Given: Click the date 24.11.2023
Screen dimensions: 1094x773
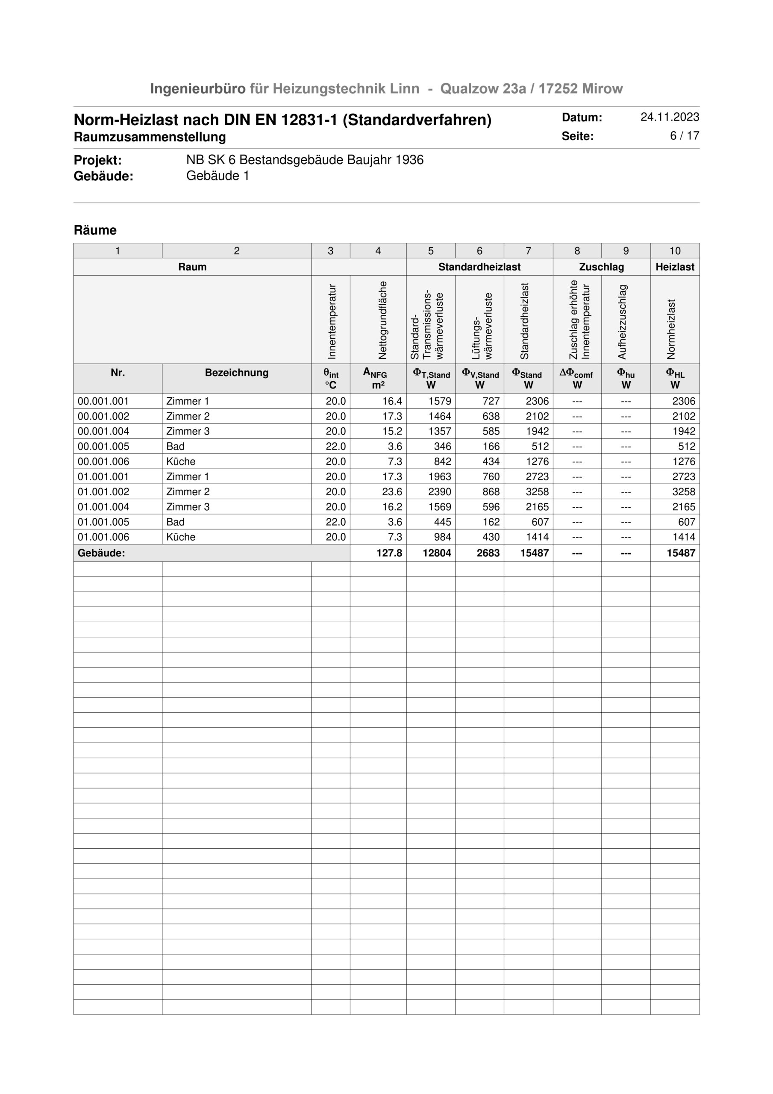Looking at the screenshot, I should (x=669, y=117).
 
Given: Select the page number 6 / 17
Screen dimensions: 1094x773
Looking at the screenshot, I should (x=685, y=136).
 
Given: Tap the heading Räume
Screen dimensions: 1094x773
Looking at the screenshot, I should (x=95, y=230).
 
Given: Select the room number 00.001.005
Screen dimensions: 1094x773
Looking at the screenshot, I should (x=103, y=447).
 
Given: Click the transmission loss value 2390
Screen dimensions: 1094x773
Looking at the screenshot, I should (x=439, y=492).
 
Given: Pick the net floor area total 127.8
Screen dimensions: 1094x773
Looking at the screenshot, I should (x=389, y=553).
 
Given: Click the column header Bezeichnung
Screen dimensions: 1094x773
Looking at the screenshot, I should (x=236, y=373).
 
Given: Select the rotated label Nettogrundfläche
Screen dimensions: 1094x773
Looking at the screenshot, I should (x=382, y=320).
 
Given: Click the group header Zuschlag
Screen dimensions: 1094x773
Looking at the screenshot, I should (x=601, y=267).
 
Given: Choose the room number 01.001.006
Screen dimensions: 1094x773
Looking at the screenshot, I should (x=103, y=537).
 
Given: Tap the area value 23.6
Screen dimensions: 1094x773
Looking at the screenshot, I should (x=392, y=492).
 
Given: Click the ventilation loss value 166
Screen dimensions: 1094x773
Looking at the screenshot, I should (x=491, y=447).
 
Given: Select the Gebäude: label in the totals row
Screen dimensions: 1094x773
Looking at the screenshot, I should (x=101, y=553).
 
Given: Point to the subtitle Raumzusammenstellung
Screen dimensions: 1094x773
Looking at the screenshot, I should (x=150, y=137).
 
